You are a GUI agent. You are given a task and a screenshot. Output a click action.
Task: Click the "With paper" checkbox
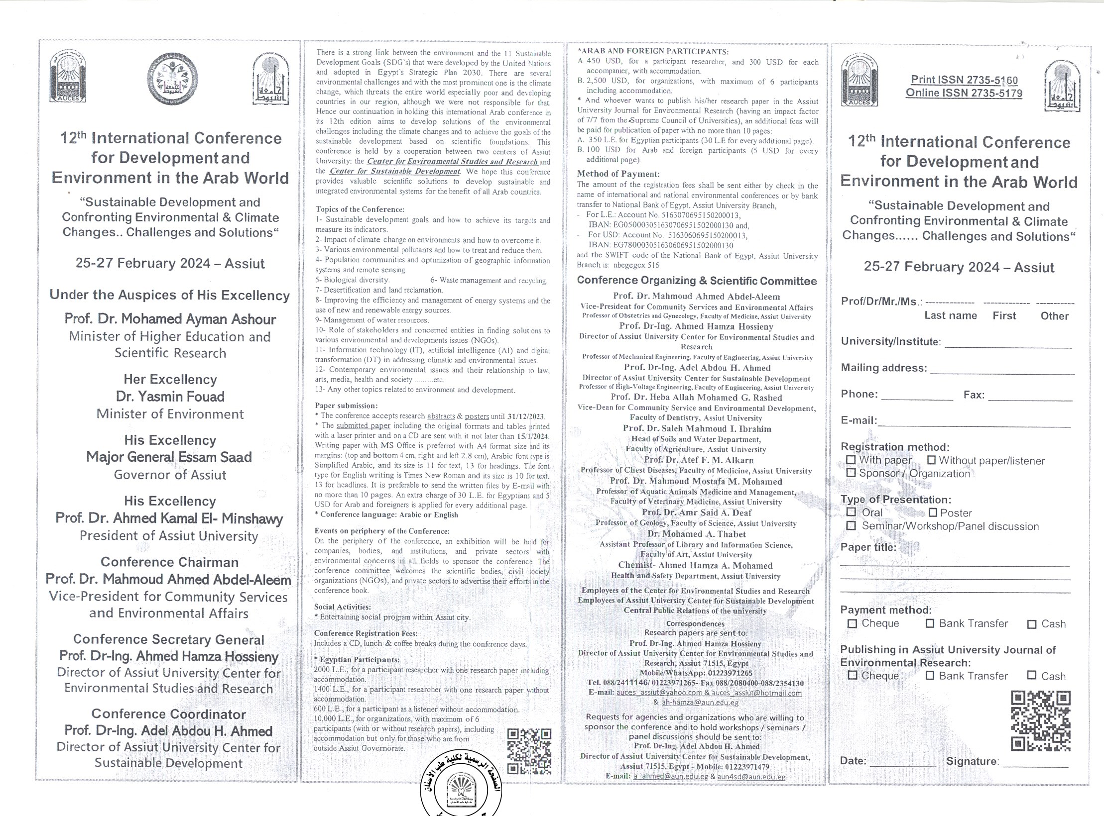pyautogui.click(x=851, y=460)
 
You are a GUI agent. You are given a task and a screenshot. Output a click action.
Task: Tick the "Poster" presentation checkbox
pyautogui.click(x=933, y=512)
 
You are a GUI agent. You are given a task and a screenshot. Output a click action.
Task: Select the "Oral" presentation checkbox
pyautogui.click(x=852, y=512)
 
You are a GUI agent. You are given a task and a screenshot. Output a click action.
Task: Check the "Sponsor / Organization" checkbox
pyautogui.click(x=851, y=473)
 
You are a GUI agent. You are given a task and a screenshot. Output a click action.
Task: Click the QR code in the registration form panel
pyautogui.click(x=1040, y=721)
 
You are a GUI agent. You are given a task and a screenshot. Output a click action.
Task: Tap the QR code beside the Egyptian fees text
pyautogui.click(x=529, y=751)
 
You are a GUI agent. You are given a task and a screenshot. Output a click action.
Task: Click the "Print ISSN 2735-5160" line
pyautogui.click(x=964, y=80)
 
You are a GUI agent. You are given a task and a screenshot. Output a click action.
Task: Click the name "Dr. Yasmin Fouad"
pyautogui.click(x=170, y=397)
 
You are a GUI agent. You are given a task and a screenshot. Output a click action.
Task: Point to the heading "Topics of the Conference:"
pyautogui.click(x=360, y=209)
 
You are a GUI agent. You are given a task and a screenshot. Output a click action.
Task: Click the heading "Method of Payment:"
pyautogui.click(x=618, y=174)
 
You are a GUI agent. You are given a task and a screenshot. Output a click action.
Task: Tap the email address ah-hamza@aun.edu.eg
pyautogui.click(x=700, y=703)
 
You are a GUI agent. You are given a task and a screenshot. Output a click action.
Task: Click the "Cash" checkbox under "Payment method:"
pyautogui.click(x=1032, y=624)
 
